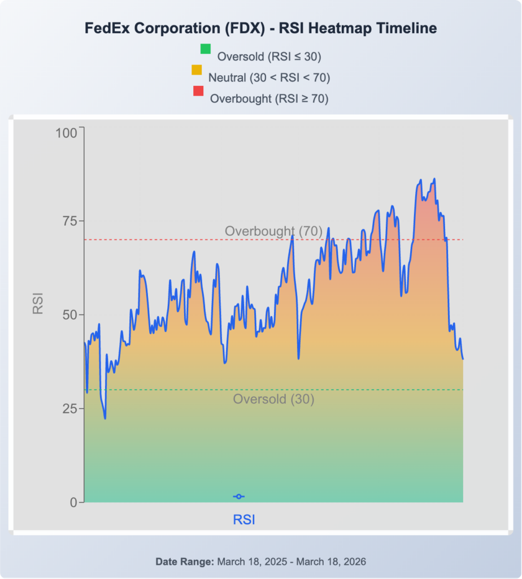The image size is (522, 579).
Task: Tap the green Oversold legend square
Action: pyautogui.click(x=205, y=49)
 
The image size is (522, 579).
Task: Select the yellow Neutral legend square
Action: pyautogui.click(x=197, y=70)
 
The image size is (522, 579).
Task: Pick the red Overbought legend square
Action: pyautogui.click(x=198, y=91)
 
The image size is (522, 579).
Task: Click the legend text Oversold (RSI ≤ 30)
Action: pyautogui.click(x=269, y=56)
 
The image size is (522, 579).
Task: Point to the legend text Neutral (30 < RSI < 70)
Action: pyautogui.click(x=269, y=77)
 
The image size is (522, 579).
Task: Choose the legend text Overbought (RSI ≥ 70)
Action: pyautogui.click(x=269, y=98)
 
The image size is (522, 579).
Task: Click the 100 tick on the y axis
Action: pyautogui.click(x=66, y=133)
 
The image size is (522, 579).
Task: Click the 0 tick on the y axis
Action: pyautogui.click(x=73, y=502)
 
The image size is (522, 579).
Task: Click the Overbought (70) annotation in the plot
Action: pyautogui.click(x=273, y=231)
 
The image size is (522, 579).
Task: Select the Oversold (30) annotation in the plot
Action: pyautogui.click(x=273, y=399)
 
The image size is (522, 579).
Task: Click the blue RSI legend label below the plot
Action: pyautogui.click(x=244, y=519)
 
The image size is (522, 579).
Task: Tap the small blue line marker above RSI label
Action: pyautogui.click(x=239, y=496)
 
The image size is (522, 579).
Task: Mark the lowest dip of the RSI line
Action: pyautogui.click(x=105, y=418)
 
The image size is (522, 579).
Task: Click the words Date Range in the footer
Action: pyautogui.click(x=184, y=562)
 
